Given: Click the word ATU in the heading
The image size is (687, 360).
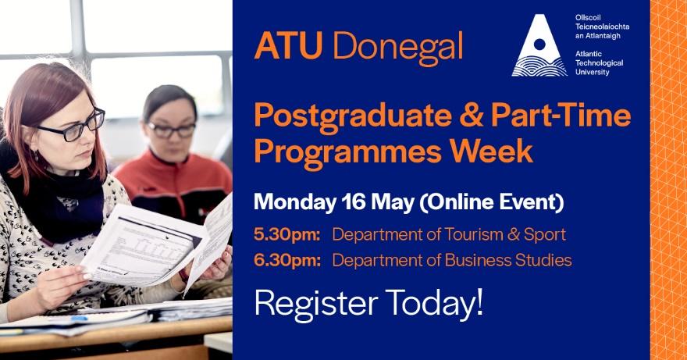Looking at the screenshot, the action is tap(288, 45).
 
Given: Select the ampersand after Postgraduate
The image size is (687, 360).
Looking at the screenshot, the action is tap(471, 116).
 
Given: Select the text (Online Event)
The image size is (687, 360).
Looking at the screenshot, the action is tap(492, 203).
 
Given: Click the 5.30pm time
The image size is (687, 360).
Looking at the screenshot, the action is tap(287, 235).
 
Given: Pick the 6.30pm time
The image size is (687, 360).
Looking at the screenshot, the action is tap(287, 261).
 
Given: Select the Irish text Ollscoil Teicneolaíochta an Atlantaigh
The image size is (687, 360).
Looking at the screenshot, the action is tap(602, 27).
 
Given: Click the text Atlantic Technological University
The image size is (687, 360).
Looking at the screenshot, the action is tap(599, 62).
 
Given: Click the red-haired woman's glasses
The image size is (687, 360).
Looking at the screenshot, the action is tap(73, 127).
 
